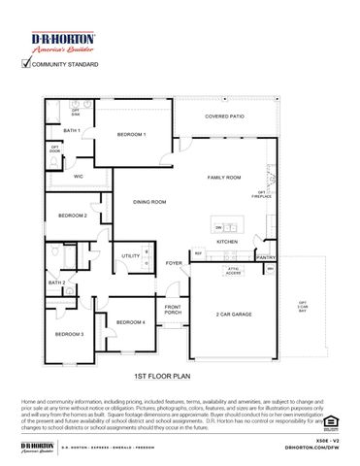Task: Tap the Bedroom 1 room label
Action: (132, 134)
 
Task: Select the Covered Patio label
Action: (224, 116)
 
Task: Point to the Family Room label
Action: (225, 179)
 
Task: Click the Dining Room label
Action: (149, 202)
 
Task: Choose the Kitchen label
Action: (227, 241)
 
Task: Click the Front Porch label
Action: (173, 310)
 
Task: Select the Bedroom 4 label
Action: (130, 321)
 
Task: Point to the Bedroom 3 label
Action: (69, 334)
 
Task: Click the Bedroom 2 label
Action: (72, 215)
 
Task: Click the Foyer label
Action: (174, 263)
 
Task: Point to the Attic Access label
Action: (233, 271)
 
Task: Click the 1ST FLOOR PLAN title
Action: (160, 374)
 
